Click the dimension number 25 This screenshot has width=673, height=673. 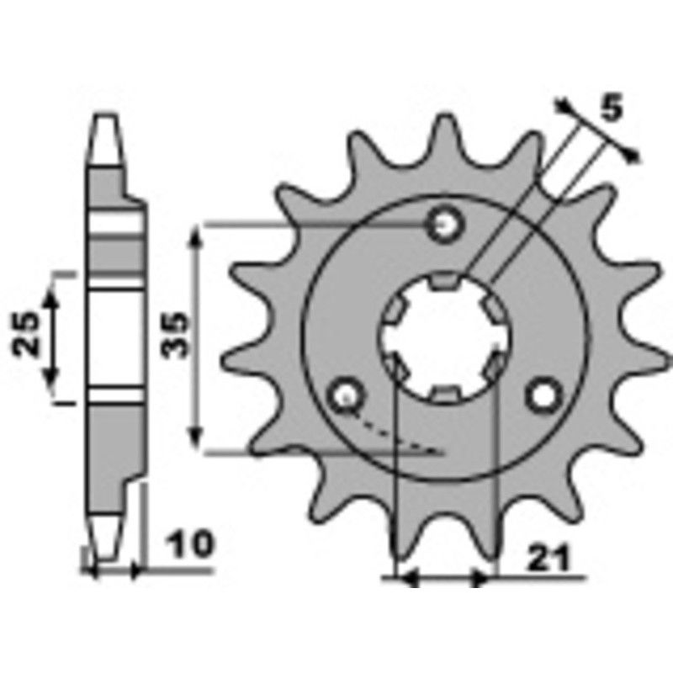pyautogui.click(x=27, y=335)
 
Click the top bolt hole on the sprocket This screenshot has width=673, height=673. pyautogui.click(x=445, y=224)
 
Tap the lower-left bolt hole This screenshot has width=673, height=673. pyautogui.click(x=346, y=393)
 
